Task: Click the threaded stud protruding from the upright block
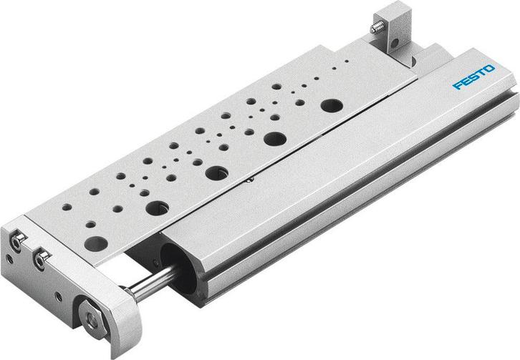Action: [375, 29]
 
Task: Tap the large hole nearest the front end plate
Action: [95, 243]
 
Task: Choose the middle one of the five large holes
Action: [215, 172]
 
